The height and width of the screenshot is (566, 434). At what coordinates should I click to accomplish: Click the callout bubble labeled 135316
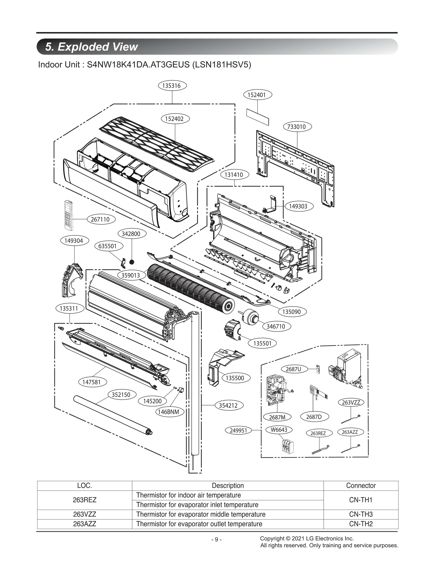click(173, 86)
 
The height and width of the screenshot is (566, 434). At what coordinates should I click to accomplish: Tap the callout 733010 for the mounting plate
click(298, 127)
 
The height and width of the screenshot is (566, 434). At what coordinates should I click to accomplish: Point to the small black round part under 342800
click(132, 262)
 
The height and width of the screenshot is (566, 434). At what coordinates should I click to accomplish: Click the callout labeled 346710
click(276, 326)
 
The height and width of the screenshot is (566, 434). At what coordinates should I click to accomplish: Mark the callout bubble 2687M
click(277, 417)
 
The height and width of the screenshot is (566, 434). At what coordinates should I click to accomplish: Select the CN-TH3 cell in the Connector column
click(361, 514)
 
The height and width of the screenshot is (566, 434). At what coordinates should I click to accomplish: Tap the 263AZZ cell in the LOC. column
click(84, 524)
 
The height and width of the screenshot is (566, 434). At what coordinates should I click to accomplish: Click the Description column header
click(228, 485)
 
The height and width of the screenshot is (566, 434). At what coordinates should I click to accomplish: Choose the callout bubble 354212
click(228, 405)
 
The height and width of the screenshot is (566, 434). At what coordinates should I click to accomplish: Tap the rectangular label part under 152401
click(257, 117)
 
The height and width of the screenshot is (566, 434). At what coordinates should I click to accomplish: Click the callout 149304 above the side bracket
click(74, 241)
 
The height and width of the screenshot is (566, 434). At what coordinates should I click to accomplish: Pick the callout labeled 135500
click(235, 378)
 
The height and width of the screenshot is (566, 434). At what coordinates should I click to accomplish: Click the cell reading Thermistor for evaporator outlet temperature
click(199, 524)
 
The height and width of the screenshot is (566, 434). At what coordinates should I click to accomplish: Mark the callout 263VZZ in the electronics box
click(351, 402)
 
